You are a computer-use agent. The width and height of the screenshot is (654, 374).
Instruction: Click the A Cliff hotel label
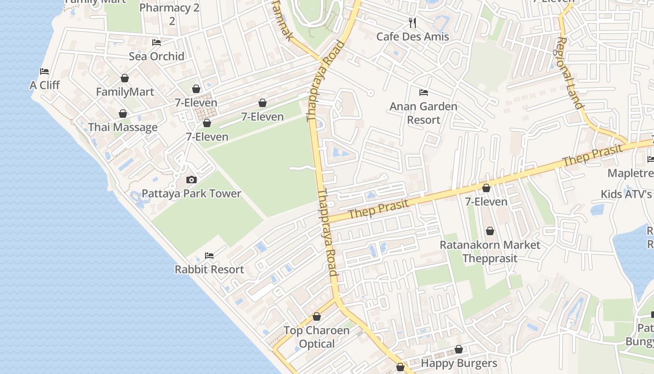45,85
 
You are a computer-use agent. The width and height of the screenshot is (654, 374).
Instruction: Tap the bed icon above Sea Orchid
156,43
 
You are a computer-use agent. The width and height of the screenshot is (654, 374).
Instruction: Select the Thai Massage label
123,127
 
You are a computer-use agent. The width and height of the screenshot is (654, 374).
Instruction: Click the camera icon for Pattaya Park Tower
192,180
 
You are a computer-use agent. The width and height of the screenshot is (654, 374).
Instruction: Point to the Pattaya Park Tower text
192,194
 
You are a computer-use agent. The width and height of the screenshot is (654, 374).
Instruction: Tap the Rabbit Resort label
209,269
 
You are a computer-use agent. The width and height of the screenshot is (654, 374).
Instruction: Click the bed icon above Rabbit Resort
209,256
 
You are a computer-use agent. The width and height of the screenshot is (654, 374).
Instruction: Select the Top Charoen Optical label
317,337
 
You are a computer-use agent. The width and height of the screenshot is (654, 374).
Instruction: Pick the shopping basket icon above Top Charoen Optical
317,316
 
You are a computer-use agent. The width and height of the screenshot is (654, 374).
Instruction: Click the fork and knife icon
412,22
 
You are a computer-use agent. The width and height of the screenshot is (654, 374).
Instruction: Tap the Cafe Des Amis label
412,36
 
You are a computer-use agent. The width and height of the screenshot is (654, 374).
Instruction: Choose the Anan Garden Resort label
424,113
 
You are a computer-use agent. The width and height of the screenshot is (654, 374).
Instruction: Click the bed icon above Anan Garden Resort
424,92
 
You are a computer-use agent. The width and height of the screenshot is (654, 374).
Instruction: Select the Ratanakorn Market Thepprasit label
490,252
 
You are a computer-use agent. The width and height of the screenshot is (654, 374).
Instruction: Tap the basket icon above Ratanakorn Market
490,231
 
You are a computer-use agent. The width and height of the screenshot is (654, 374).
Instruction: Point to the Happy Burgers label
459,363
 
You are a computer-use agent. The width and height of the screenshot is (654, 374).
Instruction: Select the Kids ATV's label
626,194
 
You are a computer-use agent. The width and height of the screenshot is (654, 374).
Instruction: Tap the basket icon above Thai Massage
123,114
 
